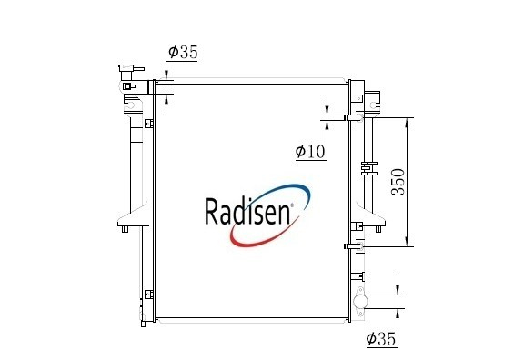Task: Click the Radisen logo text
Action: (x=247, y=212)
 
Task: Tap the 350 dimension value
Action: (x=398, y=182)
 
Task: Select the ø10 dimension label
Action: (x=310, y=151)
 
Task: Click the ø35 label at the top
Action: (x=183, y=52)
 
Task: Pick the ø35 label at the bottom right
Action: (x=381, y=339)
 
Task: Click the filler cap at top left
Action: (x=131, y=72)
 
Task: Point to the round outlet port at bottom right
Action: (x=360, y=302)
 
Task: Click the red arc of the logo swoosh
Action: (x=261, y=239)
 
